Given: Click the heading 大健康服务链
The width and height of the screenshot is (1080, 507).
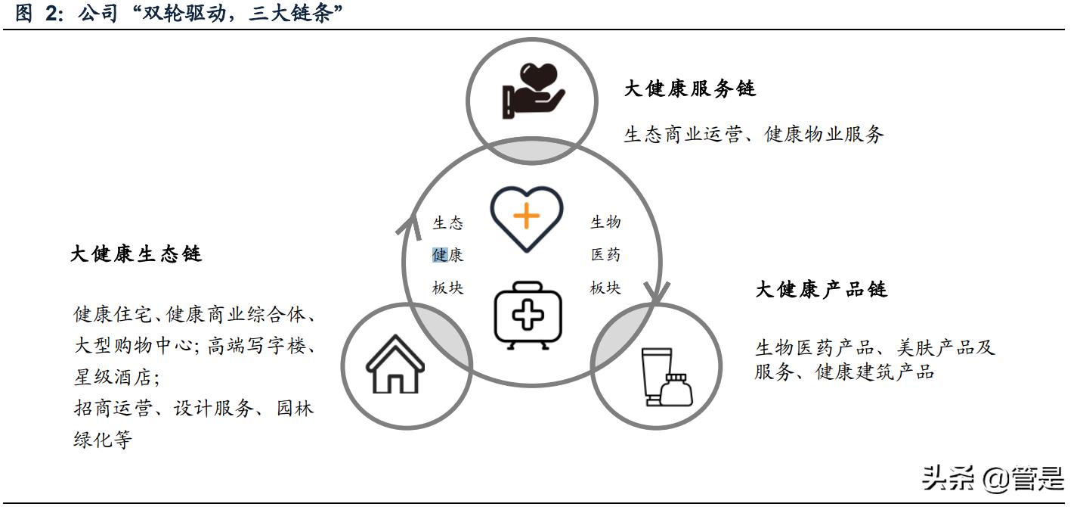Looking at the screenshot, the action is click(690, 89).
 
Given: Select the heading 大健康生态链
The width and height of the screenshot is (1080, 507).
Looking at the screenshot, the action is click(136, 254).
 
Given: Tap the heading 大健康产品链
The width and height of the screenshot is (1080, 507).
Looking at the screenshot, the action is click(821, 290).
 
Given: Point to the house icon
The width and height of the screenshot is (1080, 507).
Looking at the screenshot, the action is click(395, 364).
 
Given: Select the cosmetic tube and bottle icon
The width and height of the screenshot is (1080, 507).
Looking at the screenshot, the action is click(667, 377).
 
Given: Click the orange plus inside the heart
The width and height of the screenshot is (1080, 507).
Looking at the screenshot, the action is click(527, 216).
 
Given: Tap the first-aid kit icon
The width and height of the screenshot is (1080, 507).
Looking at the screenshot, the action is click(528, 316).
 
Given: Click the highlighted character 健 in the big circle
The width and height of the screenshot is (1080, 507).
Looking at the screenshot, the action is click(440, 254).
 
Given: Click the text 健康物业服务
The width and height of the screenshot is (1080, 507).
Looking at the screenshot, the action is click(824, 134).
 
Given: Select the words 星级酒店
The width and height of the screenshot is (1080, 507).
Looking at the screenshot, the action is click(113, 377).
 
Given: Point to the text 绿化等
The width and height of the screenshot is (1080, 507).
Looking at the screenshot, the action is click(103, 440).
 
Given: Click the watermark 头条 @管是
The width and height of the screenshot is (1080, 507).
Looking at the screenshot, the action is click(993, 479).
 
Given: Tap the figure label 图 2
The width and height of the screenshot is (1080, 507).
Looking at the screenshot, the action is click(39, 13).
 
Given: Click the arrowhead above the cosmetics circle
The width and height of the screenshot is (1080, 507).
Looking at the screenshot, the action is click(656, 293).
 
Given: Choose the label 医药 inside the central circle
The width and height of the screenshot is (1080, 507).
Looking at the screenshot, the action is click(605, 254).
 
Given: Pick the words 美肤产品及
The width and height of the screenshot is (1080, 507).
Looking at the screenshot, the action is click(945, 347).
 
